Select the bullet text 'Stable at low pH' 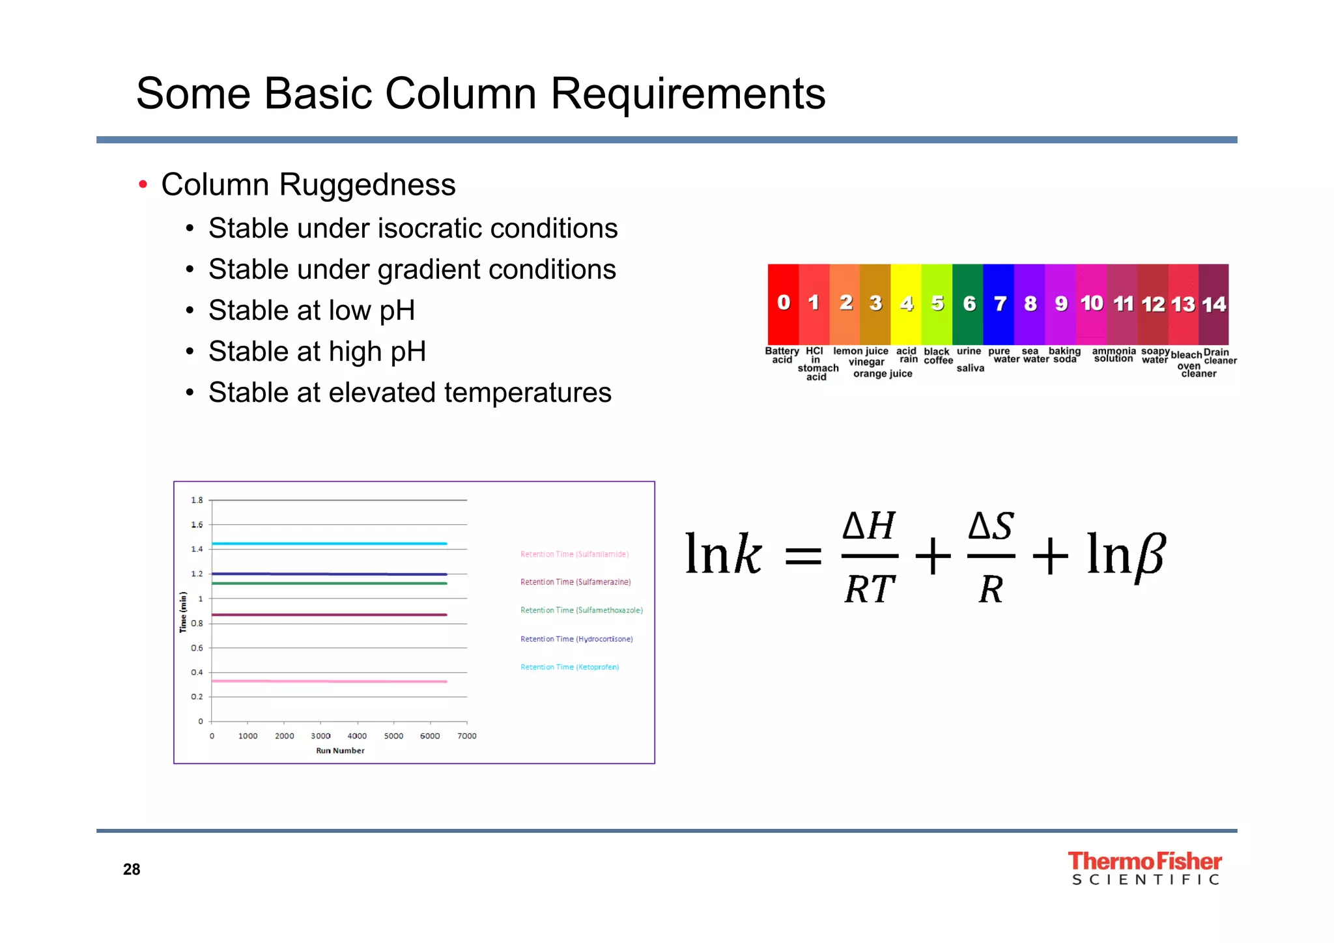pos(311,311)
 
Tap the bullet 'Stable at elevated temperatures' pos(410,393)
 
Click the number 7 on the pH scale pos(1000,303)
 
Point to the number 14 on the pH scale pos(1213,304)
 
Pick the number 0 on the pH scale pos(783,303)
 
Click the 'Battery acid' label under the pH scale pos(782,356)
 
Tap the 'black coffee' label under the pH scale pos(938,356)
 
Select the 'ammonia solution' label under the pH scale pos(1114,355)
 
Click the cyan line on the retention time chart pos(329,543)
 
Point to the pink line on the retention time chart pos(329,681)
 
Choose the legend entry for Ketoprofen pos(569,667)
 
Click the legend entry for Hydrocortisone pos(576,639)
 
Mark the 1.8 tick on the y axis pos(197,500)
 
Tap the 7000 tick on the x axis pos(467,736)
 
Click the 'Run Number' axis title pos(340,751)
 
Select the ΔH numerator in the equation pos(869,526)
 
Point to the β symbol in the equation pos(1149,556)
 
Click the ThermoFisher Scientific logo pos(1144,868)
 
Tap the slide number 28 pos(132,869)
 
